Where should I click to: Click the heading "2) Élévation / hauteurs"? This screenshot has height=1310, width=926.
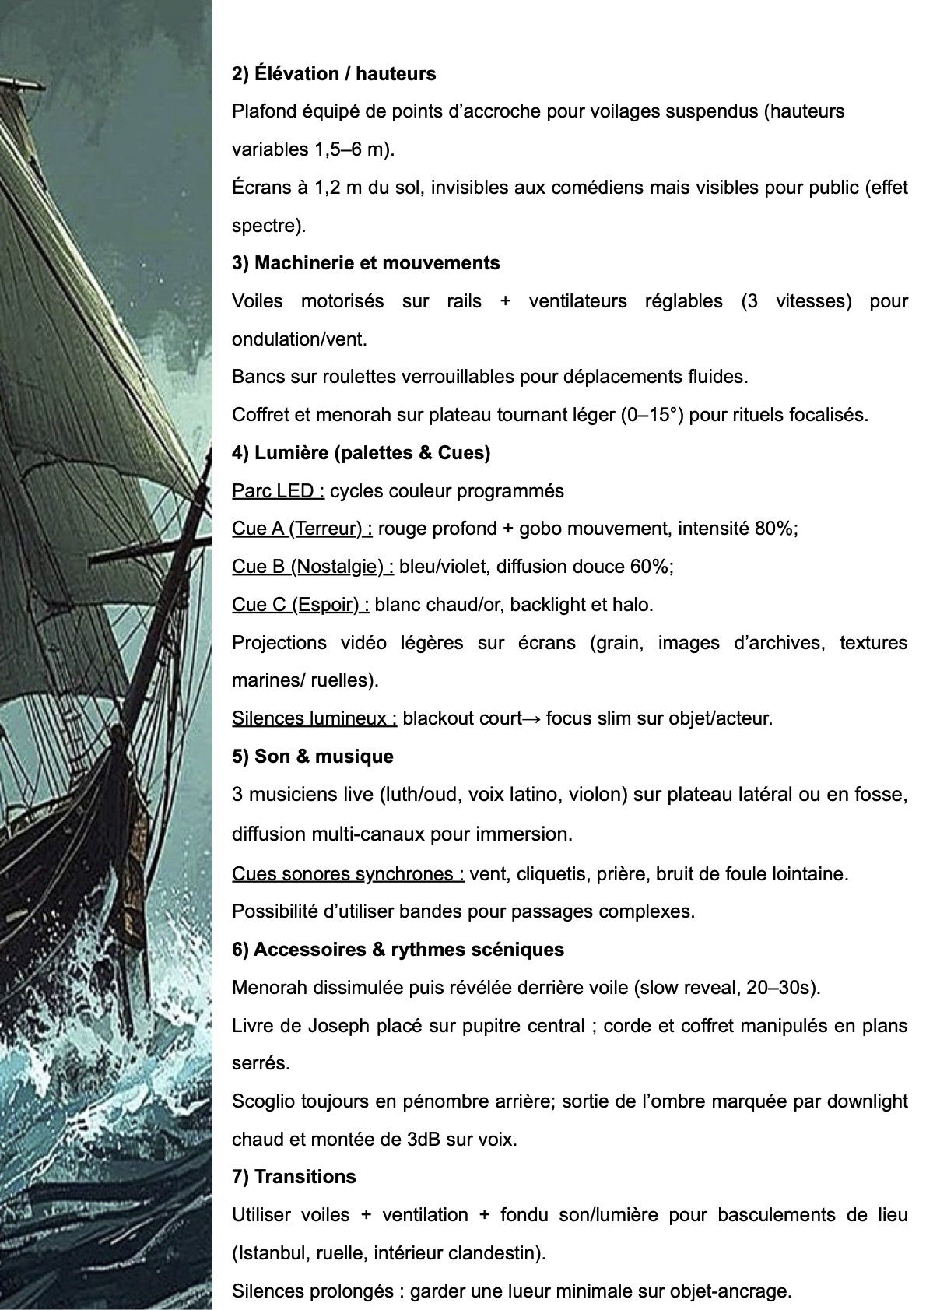pos(334,74)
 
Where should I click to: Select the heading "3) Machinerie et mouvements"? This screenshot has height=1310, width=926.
pos(366,263)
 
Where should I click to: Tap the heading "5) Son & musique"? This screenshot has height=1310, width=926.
pos(313,757)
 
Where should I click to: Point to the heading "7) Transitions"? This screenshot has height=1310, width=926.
pos(294,1176)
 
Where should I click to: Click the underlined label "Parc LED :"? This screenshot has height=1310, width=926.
pos(278,491)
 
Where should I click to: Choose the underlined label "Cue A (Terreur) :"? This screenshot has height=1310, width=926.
pos(302,529)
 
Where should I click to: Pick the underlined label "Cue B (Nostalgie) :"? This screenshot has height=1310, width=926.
pos(313,567)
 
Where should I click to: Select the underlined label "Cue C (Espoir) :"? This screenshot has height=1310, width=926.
pos(300,605)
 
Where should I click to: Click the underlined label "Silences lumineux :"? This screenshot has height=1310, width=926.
pos(314,718)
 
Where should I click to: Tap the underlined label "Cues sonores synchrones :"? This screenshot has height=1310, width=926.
pos(348,874)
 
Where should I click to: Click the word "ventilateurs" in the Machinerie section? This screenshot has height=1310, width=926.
pos(578,301)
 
